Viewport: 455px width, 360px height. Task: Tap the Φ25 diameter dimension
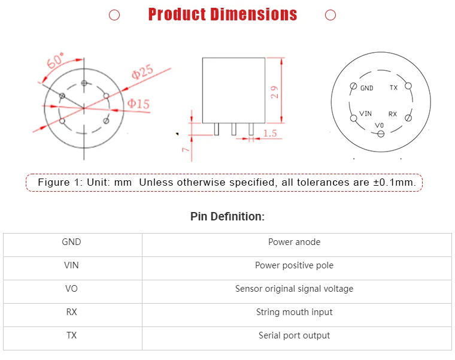[142, 72]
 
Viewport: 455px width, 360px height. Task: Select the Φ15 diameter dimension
[138, 104]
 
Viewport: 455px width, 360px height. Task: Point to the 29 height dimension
[275, 92]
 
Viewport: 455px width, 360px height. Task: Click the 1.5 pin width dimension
[269, 134]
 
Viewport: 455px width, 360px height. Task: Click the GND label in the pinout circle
[366, 88]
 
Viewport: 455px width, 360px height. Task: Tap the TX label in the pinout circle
[393, 87]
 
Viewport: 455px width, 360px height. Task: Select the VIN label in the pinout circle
[365, 113]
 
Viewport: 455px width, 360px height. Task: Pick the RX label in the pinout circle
[393, 114]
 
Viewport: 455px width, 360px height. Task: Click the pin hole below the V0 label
[381, 134]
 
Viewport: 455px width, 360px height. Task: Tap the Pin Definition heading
[227, 216]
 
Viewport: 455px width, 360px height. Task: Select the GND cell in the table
[71, 242]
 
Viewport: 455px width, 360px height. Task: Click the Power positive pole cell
[294, 265]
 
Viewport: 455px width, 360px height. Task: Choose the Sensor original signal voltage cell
[294, 289]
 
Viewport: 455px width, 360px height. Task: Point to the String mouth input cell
[294, 312]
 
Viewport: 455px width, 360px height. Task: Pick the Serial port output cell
[294, 335]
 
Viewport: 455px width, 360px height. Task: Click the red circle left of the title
[114, 15]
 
